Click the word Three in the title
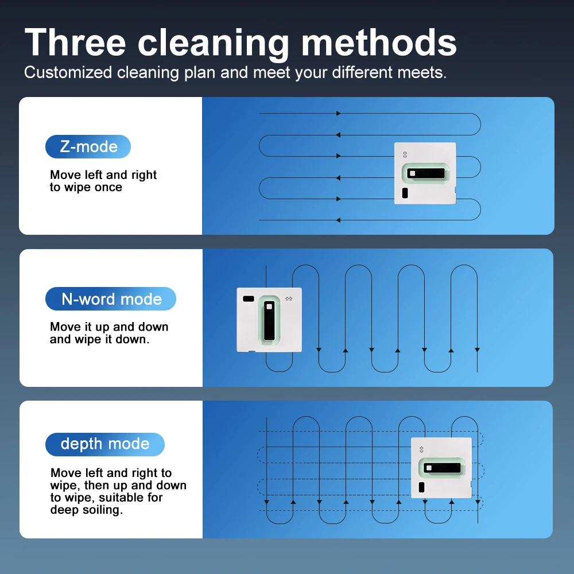75,42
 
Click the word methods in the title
379,42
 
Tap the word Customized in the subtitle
68,72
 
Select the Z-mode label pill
88,146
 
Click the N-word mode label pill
111,298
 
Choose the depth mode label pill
105,444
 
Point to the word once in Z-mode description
108,188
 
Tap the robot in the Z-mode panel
425,173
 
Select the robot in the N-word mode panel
269,320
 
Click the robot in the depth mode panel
441,467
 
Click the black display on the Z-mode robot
426,173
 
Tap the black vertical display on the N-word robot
269,320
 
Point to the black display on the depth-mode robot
443,468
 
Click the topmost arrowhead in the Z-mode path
339,114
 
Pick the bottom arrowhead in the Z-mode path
338,220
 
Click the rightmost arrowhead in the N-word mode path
477,350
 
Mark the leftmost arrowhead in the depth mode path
266,502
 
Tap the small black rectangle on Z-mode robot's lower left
405,193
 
